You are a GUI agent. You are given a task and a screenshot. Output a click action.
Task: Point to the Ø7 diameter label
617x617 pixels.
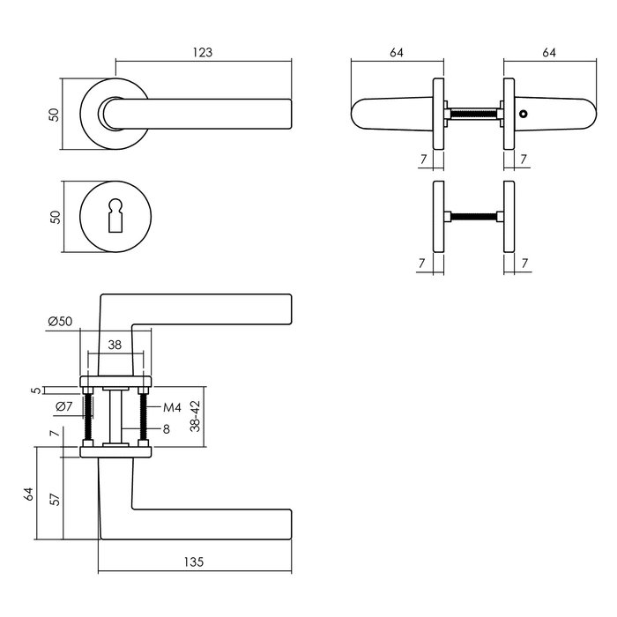63,406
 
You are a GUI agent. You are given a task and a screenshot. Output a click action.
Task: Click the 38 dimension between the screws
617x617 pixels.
115,346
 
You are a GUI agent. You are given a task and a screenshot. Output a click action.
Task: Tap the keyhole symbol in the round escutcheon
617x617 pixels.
115,215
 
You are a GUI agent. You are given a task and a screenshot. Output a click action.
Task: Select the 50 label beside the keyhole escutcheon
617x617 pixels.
55,215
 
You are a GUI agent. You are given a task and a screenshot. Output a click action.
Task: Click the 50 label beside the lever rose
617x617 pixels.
55,115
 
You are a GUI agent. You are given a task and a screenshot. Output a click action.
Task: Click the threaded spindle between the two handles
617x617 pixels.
472,115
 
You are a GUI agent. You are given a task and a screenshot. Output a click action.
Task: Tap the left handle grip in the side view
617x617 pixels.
388,115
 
